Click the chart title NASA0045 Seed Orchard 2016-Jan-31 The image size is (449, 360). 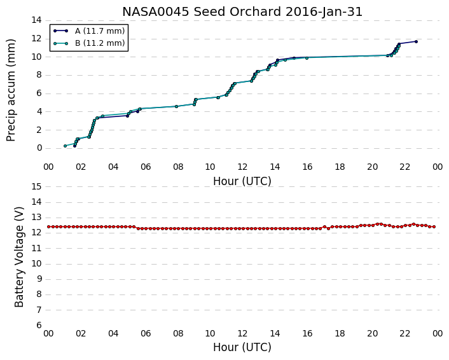click(242, 12)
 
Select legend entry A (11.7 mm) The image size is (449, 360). click(100, 31)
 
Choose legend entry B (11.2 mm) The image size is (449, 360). click(100, 43)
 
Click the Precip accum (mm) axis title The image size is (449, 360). click(11, 90)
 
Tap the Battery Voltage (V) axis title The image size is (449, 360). click(19, 257)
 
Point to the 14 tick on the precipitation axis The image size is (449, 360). click(37, 20)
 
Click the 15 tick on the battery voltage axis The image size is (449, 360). click(37, 187)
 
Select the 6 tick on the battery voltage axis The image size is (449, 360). click(39, 326)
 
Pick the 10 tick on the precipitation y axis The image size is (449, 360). click(37, 57)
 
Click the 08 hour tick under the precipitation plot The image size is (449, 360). click(178, 167)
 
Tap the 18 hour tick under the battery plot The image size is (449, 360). click(340, 334)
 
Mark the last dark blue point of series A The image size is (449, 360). click(416, 41)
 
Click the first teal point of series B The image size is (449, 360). click(65, 146)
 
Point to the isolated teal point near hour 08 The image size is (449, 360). click(176, 107)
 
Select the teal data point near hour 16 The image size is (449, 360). click(307, 58)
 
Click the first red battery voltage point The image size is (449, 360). click(49, 227)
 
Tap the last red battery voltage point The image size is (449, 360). click(434, 227)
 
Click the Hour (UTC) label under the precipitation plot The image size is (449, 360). click(242, 181)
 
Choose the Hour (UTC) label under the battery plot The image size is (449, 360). click(242, 347)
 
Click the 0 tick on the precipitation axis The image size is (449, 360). click(39, 148)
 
